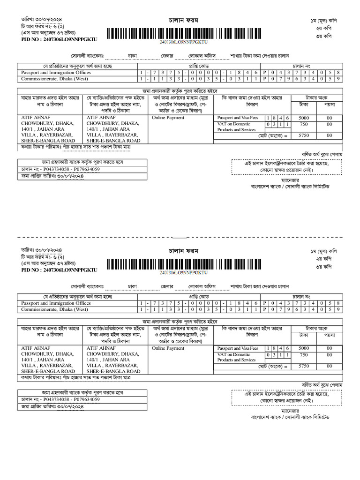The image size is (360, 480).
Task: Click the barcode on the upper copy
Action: tap(183, 34)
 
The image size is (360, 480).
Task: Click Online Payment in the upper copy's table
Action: tap(168, 118)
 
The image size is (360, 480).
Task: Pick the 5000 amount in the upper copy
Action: tap(303, 118)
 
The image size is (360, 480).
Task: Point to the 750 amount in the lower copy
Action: tap(303, 355)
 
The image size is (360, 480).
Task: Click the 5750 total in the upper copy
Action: tap(303, 135)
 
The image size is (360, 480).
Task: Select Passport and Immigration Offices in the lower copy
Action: tap(56, 303)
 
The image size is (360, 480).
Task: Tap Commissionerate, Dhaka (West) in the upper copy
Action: tap(54, 79)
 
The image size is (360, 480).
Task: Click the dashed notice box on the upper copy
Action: tap(286, 167)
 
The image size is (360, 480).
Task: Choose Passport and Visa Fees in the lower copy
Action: tap(238, 349)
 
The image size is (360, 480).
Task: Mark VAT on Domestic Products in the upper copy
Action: tap(236, 127)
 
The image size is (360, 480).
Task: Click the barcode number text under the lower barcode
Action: tap(183, 272)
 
